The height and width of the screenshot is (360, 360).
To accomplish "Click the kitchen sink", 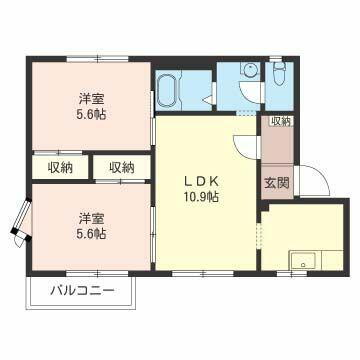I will [x=301, y=262].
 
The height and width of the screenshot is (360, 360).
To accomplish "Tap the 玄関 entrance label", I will [x=276, y=183].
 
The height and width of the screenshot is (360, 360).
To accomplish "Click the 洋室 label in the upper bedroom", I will [x=92, y=99].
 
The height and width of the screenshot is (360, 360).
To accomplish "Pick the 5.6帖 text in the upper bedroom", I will [x=92, y=115].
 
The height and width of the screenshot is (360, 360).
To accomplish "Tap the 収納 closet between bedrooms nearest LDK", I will [x=122, y=167].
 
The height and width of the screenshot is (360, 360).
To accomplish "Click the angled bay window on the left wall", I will [x=19, y=224].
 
